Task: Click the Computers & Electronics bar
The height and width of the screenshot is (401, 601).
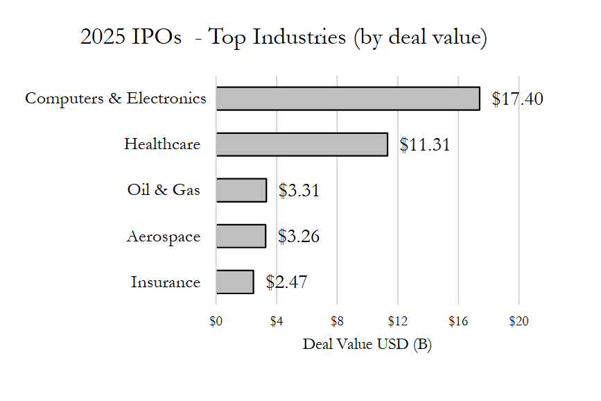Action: click(347, 99)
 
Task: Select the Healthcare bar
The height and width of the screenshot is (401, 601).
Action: click(302, 144)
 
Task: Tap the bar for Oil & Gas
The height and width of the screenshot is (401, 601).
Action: click(241, 190)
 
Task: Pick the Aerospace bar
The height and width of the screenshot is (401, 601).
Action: click(241, 236)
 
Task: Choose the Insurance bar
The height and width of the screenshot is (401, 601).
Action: click(234, 282)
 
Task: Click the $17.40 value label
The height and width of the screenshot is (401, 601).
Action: click(517, 99)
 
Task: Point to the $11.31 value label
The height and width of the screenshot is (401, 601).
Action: click(425, 145)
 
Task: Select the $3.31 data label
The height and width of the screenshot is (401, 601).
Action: click(299, 191)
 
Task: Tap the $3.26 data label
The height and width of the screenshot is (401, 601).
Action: click(298, 237)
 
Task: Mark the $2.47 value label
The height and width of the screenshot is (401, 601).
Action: click(286, 282)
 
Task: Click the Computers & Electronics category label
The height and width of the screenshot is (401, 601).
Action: click(115, 99)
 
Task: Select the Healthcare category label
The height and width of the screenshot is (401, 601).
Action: click(162, 144)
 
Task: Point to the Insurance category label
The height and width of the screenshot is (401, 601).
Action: click(165, 282)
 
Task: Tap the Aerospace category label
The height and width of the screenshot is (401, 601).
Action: click(163, 237)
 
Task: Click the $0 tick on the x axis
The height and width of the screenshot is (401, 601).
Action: click(216, 321)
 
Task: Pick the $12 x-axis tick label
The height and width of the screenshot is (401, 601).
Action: click(398, 321)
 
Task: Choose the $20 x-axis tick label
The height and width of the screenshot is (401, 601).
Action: click(519, 321)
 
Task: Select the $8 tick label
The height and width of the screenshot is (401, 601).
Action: click(337, 321)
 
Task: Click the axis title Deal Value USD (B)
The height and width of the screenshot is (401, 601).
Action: click(367, 344)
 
